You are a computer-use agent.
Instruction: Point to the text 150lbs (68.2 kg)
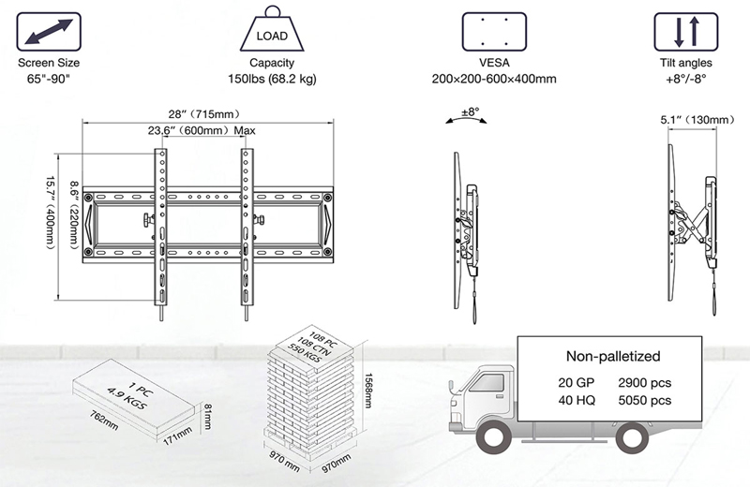[274, 79]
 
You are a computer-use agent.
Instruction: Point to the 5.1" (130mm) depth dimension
[692, 121]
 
